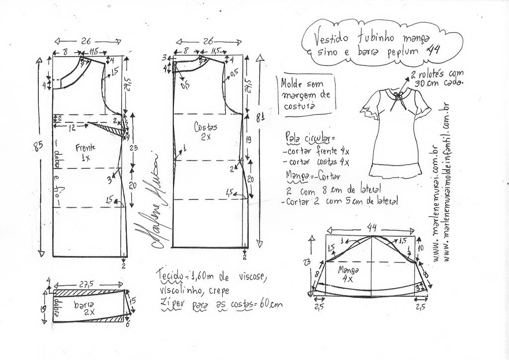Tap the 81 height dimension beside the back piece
coord(259,118)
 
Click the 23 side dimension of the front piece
coord(133,148)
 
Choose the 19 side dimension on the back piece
coord(249,141)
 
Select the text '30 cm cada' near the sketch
coord(444,83)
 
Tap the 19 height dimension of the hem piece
coord(44,308)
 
